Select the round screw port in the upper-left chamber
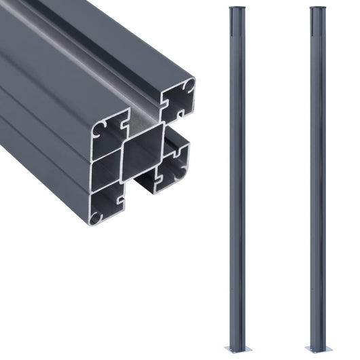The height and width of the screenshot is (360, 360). pyautogui.click(x=98, y=128)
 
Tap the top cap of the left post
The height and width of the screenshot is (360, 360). pyautogui.click(x=236, y=8)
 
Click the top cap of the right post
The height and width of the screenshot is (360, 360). pyautogui.click(x=318, y=8)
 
